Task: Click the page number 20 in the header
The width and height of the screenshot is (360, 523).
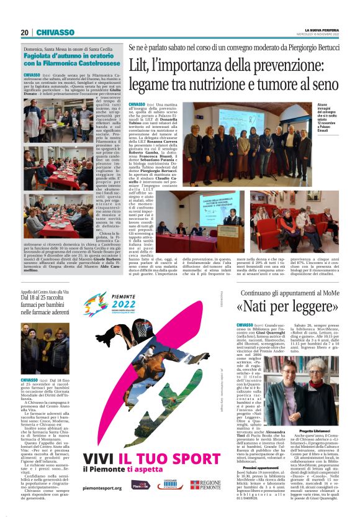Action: point(24,32)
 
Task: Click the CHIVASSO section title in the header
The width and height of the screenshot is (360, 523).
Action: point(55,32)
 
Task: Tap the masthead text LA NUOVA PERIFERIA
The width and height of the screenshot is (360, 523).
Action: point(319,29)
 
